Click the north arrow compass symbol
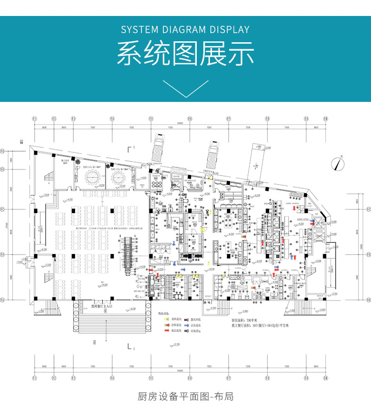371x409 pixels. coord(338,163)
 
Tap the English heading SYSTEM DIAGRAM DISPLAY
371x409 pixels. coord(185,30)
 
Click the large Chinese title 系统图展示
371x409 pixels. coord(185,53)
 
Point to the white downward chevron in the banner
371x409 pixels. coord(185,88)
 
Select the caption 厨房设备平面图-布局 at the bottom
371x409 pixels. coord(185,396)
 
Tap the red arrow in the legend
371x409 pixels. coord(166,331)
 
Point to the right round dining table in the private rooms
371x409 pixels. coord(118,177)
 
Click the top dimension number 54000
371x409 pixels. coord(180,123)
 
